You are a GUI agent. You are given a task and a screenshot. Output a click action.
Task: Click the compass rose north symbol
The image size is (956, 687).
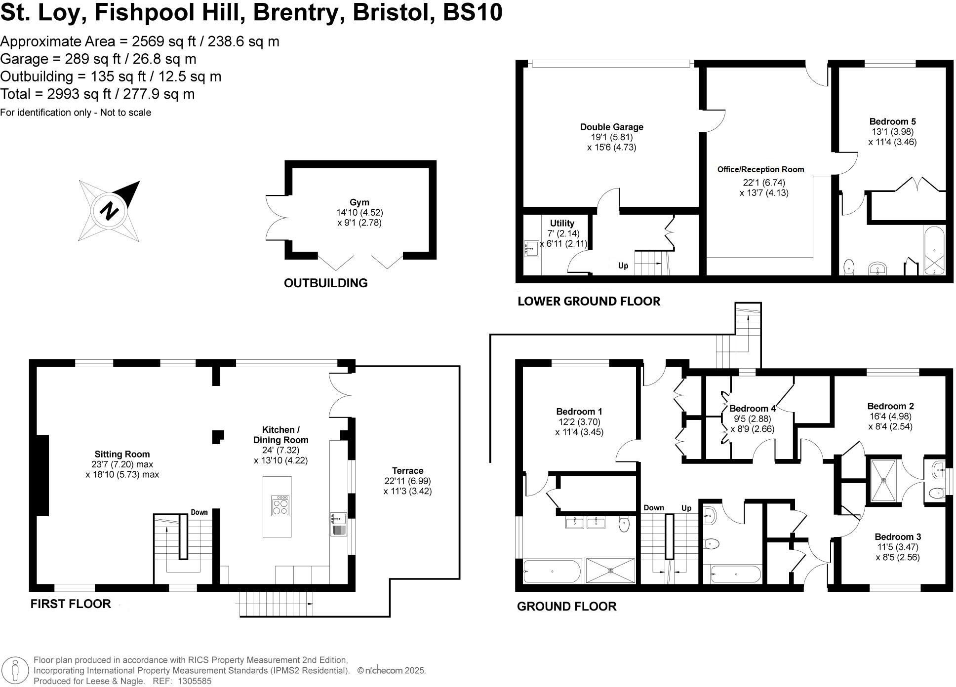coord(109,211)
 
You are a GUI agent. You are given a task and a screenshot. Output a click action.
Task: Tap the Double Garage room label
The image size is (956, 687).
coord(611,127)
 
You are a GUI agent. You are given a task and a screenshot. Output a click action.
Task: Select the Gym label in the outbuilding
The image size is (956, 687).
coord(359,202)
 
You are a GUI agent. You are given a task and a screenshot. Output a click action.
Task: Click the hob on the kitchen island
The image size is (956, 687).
coord(280,506)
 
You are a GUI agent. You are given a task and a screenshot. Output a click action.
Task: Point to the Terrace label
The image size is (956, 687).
coord(407,470)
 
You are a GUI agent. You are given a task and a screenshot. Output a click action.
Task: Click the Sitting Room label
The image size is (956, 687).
coord(122,454)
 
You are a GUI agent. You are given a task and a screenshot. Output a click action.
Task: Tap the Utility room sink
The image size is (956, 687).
coord(531,248)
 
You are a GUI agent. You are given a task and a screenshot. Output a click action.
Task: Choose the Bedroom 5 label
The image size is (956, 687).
coord(892,121)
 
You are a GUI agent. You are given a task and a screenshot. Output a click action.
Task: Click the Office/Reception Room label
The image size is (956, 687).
coord(760,169)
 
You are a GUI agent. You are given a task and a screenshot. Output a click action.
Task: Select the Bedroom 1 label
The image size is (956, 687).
coord(579,412)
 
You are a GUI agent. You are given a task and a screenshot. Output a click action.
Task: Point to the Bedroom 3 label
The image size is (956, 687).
coord(898,536)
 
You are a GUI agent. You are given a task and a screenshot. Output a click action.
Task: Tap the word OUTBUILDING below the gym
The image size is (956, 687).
coord(326,283)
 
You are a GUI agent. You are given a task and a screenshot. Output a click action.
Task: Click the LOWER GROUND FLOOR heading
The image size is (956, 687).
coord(589,301)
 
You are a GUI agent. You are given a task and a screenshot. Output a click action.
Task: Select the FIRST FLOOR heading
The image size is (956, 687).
coord(71,604)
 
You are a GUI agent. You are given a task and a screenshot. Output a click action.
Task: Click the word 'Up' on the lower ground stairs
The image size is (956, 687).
coord(623,266)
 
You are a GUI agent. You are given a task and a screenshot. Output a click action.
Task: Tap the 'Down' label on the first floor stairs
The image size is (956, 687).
coord(199,512)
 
